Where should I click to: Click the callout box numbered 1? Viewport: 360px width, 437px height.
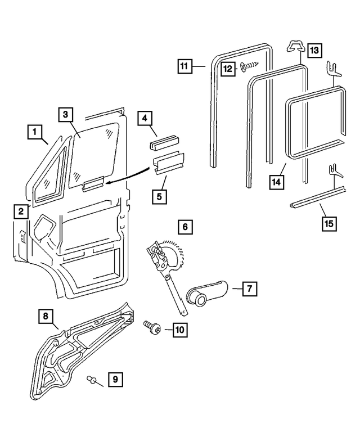(34, 132)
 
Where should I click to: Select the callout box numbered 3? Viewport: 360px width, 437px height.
(66, 114)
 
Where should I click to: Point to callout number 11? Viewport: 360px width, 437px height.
(183, 66)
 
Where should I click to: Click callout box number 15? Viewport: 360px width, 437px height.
(328, 223)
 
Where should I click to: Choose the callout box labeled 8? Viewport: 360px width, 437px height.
(46, 316)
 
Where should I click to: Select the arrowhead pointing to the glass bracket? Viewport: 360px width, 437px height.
(107, 182)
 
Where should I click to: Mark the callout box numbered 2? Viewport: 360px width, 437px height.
(20, 211)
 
